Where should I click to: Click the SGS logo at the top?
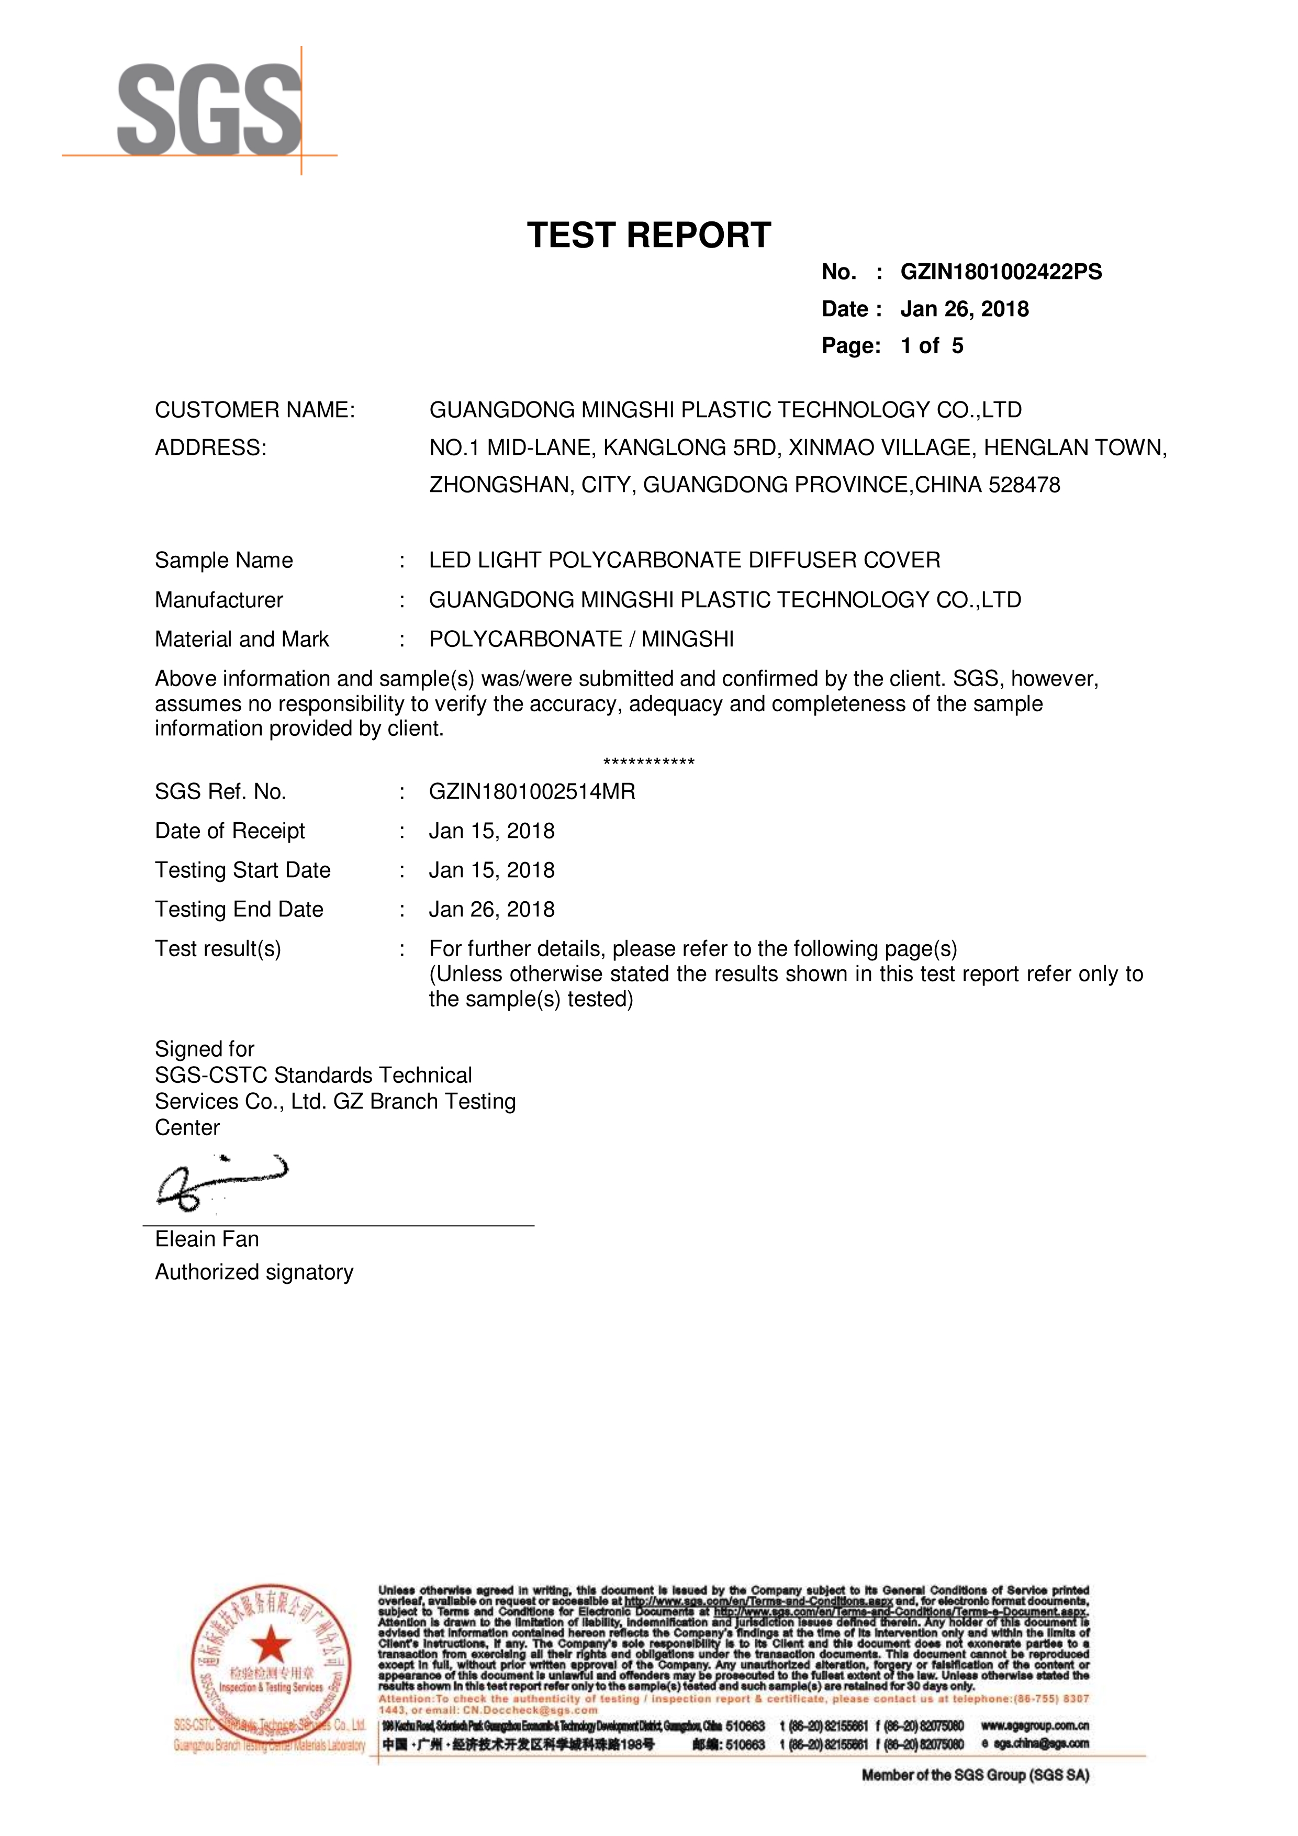click(209, 111)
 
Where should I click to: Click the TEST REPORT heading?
click(648, 236)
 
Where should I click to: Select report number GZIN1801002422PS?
click(1001, 272)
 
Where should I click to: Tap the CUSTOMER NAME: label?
click(254, 410)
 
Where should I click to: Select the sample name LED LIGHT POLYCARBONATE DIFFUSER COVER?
click(685, 560)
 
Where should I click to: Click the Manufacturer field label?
click(219, 600)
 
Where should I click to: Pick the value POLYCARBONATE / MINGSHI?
click(581, 639)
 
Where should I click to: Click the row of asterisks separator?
click(648, 762)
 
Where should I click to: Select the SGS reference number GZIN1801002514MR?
click(532, 792)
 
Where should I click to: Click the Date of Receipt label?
click(230, 831)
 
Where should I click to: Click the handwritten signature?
click(220, 1181)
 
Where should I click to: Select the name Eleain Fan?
click(207, 1239)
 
